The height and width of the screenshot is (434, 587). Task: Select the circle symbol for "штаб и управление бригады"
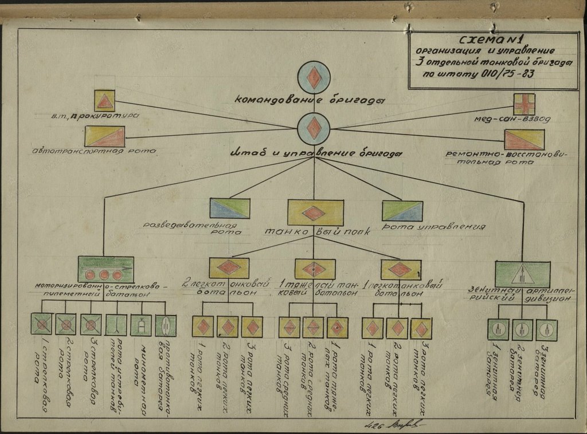314,128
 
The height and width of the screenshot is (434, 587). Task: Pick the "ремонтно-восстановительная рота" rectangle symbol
523,141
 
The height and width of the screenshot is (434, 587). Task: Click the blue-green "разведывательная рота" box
229,210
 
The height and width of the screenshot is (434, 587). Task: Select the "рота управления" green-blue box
402,210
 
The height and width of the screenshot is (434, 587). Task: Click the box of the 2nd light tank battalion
229,268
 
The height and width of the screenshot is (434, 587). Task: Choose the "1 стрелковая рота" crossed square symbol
42,325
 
